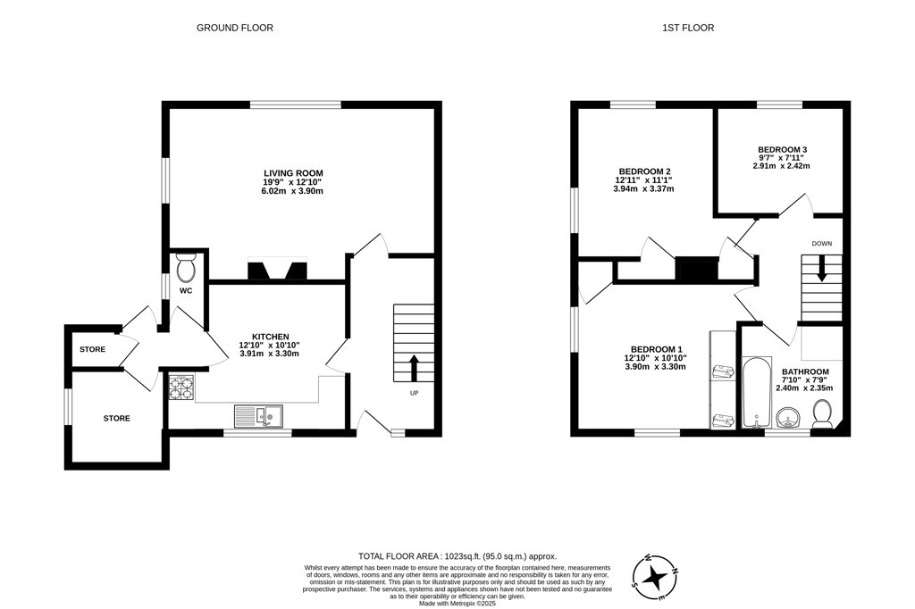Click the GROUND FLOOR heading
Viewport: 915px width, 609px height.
235,28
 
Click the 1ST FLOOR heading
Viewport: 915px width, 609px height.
688,28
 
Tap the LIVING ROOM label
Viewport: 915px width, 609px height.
293,173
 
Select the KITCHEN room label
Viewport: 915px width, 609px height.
270,337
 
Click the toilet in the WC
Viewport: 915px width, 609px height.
186,268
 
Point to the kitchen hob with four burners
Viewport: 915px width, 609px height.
181,388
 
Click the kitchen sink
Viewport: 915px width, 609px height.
258,416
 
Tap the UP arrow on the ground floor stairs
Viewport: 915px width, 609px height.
415,368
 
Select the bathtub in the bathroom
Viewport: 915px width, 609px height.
756,392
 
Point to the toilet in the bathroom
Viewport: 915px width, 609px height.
823,413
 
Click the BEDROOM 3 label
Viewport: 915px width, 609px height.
782,149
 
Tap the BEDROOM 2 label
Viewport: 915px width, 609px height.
644,171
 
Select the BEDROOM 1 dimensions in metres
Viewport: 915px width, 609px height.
655,367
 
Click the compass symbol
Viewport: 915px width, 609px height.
655,577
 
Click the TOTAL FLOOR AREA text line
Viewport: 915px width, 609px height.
457,556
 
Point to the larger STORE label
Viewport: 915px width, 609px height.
117,418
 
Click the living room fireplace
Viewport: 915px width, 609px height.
277,269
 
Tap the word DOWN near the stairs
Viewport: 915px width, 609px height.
822,243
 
